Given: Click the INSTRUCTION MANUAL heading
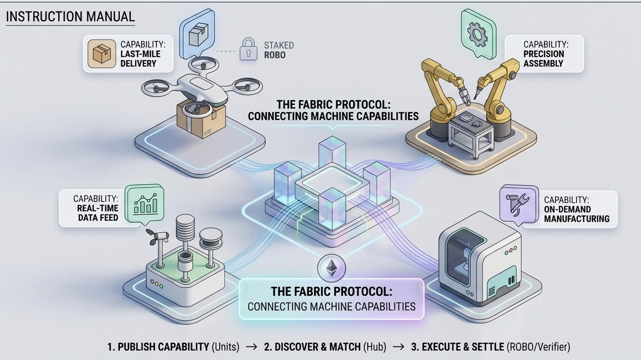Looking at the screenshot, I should click(x=70, y=16).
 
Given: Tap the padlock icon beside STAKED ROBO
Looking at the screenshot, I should click(x=248, y=50).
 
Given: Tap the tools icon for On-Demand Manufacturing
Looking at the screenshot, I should click(x=518, y=204).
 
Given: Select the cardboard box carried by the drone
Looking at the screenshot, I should click(x=200, y=119).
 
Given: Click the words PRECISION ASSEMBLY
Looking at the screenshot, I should click(x=543, y=58).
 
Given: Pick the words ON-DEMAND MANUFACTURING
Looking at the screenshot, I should click(x=576, y=214).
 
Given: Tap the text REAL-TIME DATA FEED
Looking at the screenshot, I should click(x=98, y=212).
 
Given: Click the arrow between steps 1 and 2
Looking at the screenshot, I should click(x=251, y=347).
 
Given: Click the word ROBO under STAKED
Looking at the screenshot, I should click(x=275, y=54).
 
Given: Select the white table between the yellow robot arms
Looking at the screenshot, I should click(x=471, y=131).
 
